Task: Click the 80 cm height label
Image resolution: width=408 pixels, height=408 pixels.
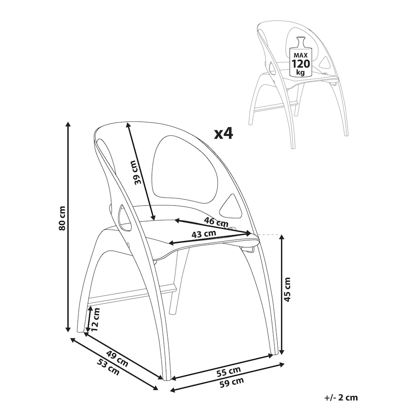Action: pyautogui.click(x=62, y=218)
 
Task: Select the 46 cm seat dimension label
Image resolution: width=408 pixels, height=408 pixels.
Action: pyautogui.click(x=216, y=221)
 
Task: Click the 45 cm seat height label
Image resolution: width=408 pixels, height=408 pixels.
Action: pyautogui.click(x=286, y=290)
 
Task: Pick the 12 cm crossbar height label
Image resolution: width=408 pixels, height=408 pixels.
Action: pyautogui.click(x=95, y=320)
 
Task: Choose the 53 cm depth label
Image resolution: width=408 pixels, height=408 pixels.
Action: pyautogui.click(x=108, y=367)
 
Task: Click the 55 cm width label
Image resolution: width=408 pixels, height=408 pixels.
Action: pyautogui.click(x=229, y=372)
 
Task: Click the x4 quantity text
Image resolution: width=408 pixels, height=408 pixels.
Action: pyautogui.click(x=223, y=134)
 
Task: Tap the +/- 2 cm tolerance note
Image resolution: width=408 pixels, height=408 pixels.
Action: pyautogui.click(x=341, y=398)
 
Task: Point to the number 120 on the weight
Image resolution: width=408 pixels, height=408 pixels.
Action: pyautogui.click(x=301, y=63)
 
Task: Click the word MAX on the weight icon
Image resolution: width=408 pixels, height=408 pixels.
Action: pyautogui.click(x=301, y=55)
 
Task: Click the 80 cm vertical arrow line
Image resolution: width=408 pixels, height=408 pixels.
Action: pyautogui.click(x=68, y=226)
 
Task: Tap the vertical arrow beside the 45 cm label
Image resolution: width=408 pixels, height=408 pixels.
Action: pyautogui.click(x=281, y=294)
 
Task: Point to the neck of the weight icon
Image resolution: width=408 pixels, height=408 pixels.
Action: pyautogui.click(x=301, y=43)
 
